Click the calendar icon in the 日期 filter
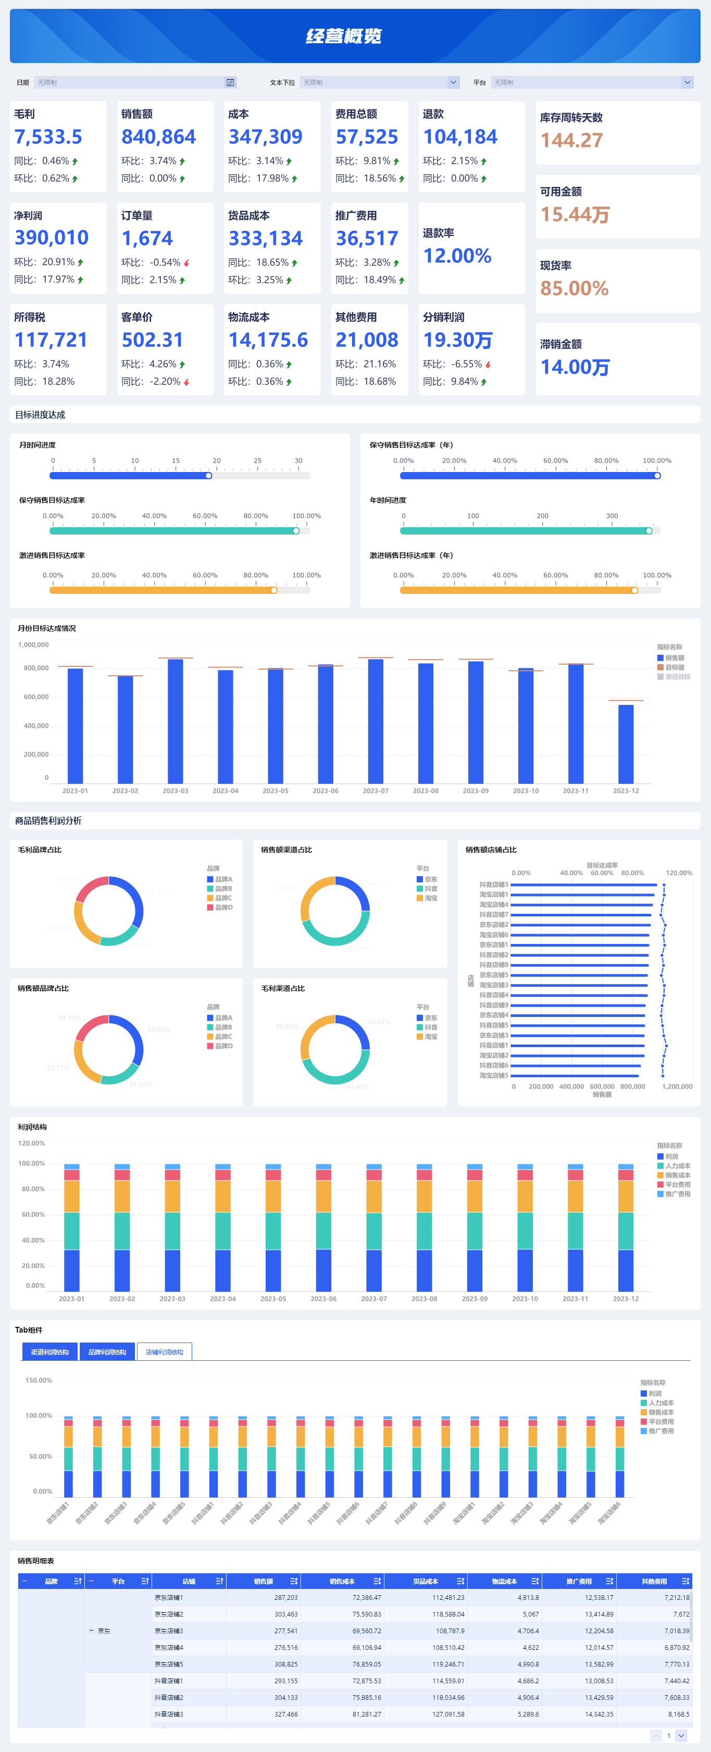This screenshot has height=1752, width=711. pos(230,82)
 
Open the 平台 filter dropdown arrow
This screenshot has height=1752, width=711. pos(687,82)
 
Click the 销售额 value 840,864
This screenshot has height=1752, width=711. pos(158,136)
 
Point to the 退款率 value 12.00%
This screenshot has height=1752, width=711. pos(457,256)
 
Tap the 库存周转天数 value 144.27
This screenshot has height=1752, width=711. pos(571,140)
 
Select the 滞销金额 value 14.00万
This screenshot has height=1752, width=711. pos(575,367)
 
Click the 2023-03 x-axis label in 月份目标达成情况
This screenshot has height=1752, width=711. pos(176,791)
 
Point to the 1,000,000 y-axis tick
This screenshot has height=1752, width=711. pos(33,645)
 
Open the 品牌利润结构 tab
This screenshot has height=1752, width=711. pos(107,1352)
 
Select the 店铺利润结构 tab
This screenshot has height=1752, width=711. pos(165,1352)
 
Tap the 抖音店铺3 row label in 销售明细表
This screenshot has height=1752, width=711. pos(169,1714)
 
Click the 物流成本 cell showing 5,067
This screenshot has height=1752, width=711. pos(530,1614)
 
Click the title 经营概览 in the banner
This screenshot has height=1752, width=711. pos(343,36)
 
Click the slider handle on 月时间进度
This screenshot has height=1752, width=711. pos(209,476)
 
